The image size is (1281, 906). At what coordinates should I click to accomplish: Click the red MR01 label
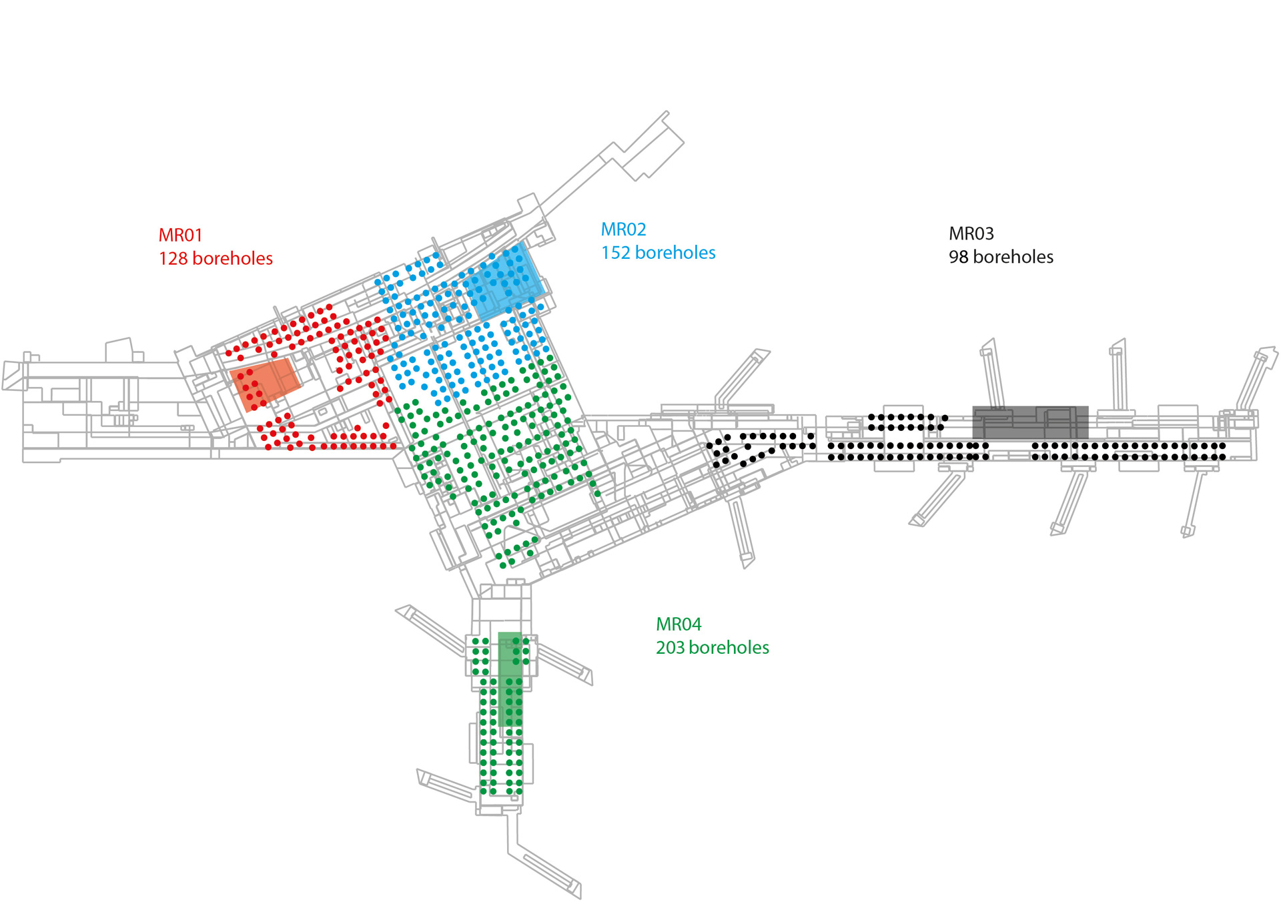click(x=180, y=236)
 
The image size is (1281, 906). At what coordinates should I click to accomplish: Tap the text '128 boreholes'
click(x=216, y=259)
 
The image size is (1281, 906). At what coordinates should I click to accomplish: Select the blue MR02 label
click(x=623, y=230)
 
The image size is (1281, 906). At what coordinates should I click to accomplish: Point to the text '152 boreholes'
click(x=658, y=253)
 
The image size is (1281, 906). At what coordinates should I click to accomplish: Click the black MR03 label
click(x=971, y=234)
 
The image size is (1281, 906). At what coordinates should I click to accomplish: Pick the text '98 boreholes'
click(x=1001, y=257)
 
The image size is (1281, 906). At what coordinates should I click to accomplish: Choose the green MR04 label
click(x=679, y=624)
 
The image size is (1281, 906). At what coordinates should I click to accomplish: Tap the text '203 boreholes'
click(x=712, y=648)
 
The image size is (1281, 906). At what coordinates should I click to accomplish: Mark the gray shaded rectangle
click(x=1030, y=422)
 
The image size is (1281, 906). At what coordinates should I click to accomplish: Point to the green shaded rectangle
click(x=510, y=679)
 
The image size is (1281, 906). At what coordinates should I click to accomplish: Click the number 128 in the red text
click(x=173, y=259)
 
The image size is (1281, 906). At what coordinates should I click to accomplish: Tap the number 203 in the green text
click(x=670, y=648)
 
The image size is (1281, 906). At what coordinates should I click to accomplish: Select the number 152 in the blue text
click(x=615, y=253)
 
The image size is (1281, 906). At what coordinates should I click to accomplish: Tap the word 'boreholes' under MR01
click(x=232, y=259)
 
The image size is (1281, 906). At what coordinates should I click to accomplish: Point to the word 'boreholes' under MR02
click(x=675, y=253)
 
